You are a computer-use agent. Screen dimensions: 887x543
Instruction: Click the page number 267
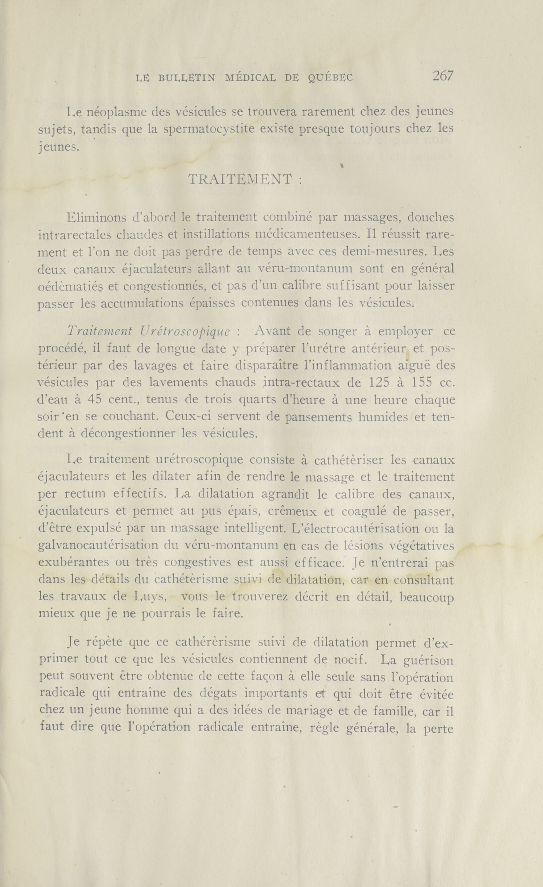443,76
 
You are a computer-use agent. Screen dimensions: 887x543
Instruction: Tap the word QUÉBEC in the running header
331,78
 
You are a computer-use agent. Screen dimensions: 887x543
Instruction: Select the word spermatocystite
209,129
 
